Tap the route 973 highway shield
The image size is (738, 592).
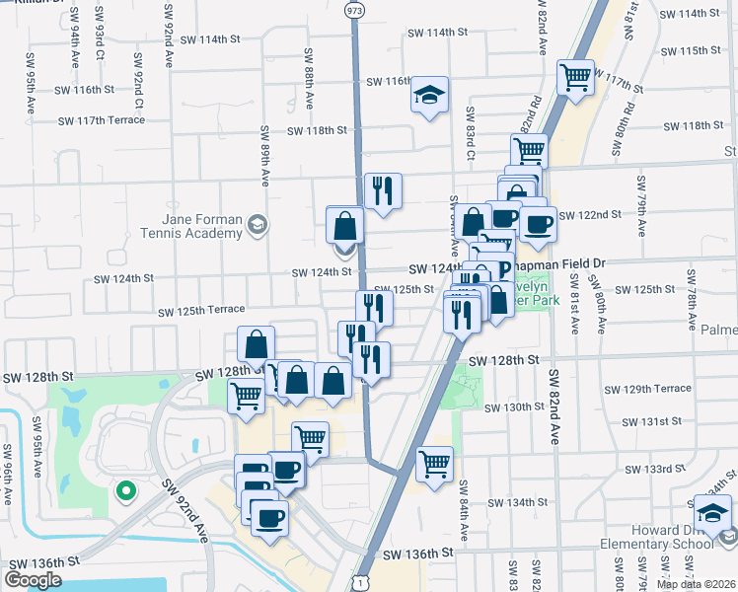coord(354,8)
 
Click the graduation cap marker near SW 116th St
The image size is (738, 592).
coord(429,95)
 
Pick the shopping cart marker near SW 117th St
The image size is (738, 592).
coord(575,76)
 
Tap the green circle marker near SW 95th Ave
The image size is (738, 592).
coord(125,489)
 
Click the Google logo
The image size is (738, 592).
coord(33,580)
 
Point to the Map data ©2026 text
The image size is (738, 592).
coord(697,584)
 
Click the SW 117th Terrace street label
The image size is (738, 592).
coord(102,120)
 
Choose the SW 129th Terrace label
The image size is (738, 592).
coord(665,389)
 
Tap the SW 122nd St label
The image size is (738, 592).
coord(590,214)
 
